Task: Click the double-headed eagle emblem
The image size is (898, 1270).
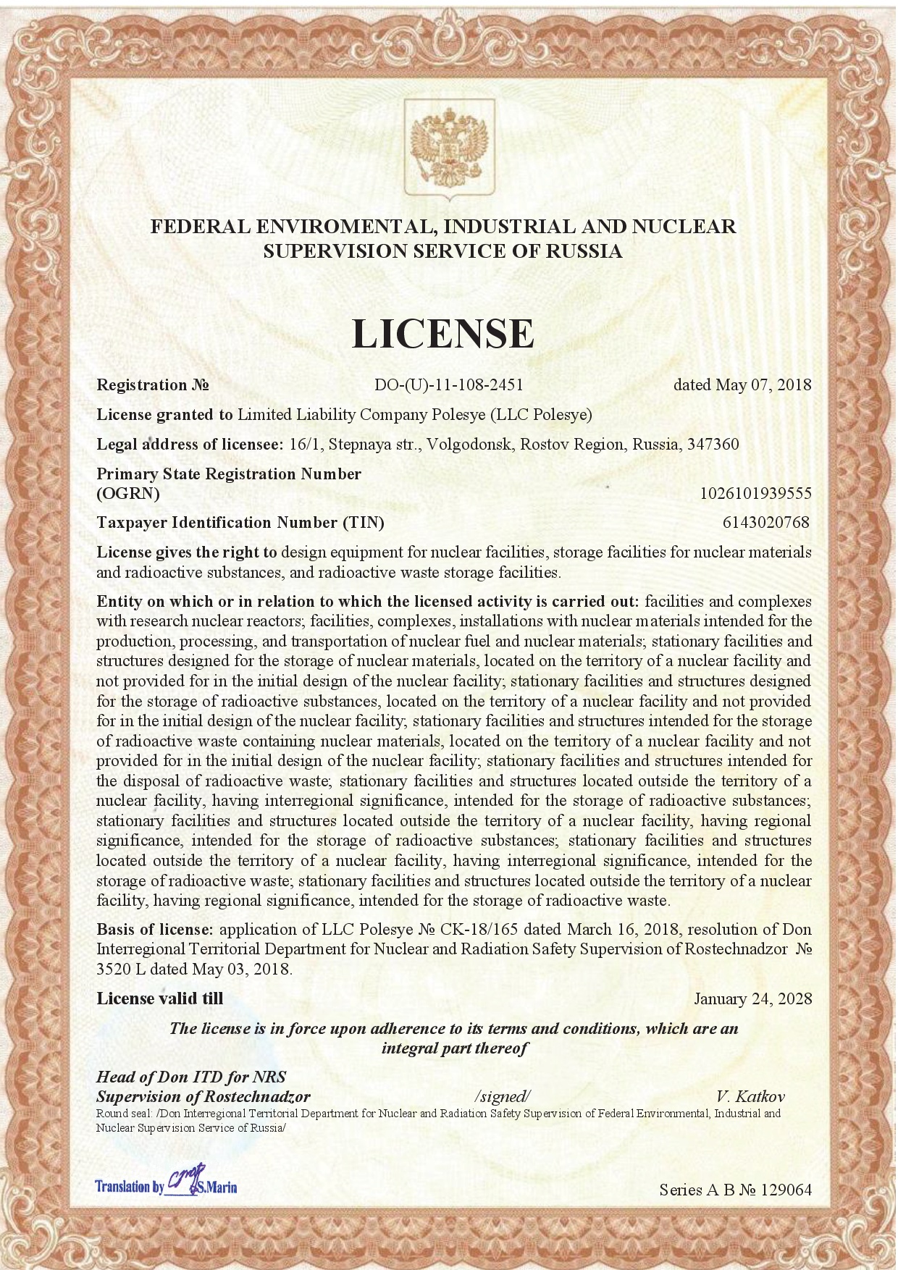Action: coord(449,151)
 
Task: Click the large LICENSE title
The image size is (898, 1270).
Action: coord(442,333)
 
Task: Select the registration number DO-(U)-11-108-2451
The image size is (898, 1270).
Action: coord(448,384)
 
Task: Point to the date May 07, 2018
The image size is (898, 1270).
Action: coord(763,384)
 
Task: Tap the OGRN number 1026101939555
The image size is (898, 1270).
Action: coord(755,494)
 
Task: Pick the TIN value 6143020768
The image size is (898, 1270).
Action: coord(765,522)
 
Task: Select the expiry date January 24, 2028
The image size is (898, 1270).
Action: coord(752,999)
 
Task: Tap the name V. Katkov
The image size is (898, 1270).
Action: coord(750,1096)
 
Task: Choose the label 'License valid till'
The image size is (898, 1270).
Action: coord(160,998)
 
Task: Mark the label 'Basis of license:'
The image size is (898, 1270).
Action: coord(155,929)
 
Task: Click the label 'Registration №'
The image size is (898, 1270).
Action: coord(153,384)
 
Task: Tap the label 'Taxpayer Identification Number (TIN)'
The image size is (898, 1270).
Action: coord(240,522)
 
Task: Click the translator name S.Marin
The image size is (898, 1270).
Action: coord(221,1187)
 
